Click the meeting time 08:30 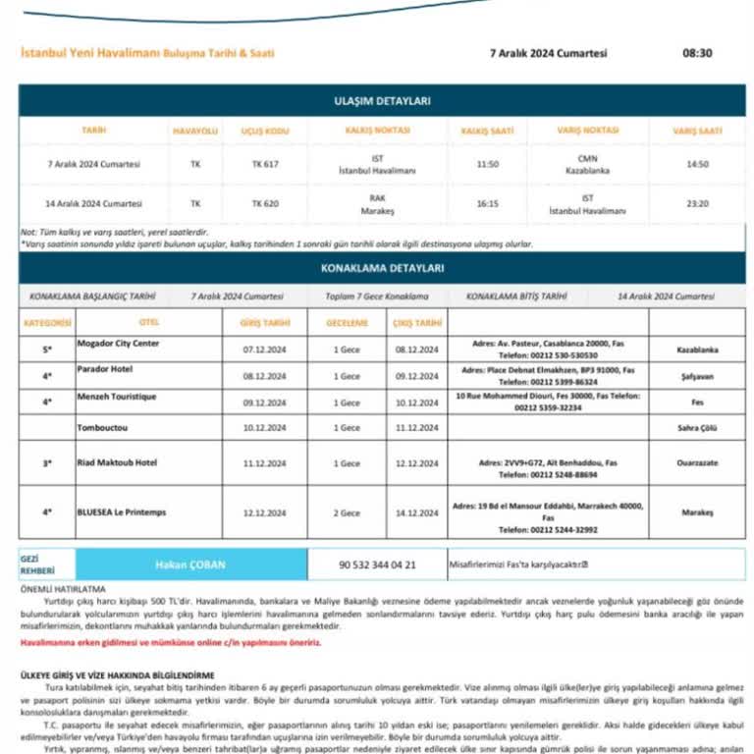(697, 53)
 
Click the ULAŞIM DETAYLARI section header (382, 101)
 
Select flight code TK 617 (265, 164)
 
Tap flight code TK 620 (265, 203)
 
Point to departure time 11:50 (488, 164)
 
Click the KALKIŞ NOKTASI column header (377, 130)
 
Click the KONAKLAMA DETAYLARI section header (382, 268)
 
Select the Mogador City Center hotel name (118, 344)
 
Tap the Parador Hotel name (105, 369)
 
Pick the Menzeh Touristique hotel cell (116, 397)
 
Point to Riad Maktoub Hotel (117, 462)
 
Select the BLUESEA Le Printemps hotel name (122, 512)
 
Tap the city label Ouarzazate (697, 462)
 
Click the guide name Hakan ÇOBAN (184, 565)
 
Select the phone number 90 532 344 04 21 (377, 565)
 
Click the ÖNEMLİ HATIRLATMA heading (63, 589)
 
